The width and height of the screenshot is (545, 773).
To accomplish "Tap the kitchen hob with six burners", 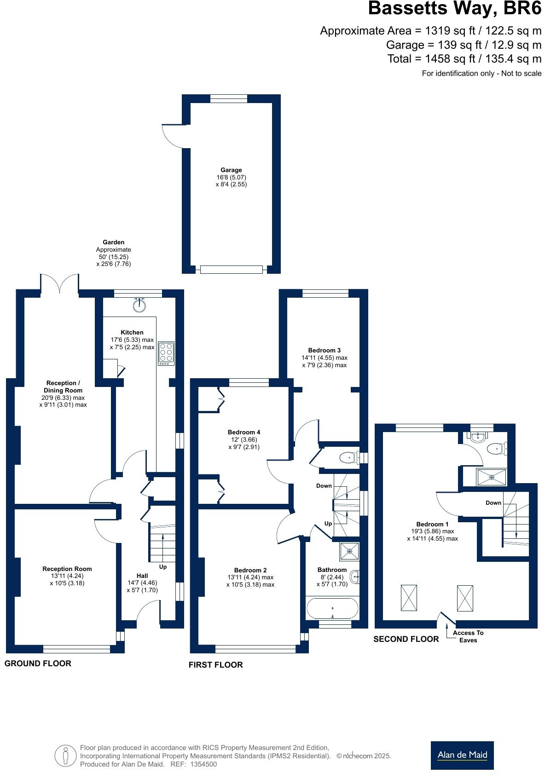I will point(166,353).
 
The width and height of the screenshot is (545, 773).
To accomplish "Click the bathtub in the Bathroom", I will point(332,608).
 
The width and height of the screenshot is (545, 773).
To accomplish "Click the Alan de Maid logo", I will point(462,755).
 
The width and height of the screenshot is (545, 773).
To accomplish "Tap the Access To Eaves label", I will point(468,636).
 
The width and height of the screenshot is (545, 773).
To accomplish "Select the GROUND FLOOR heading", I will point(38,663).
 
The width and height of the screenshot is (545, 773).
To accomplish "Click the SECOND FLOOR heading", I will point(406,639).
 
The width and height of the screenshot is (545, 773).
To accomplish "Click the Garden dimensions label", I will point(113,253).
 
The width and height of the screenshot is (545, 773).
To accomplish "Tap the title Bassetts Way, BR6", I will point(454,9).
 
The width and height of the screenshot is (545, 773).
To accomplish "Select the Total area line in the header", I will point(464,59).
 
